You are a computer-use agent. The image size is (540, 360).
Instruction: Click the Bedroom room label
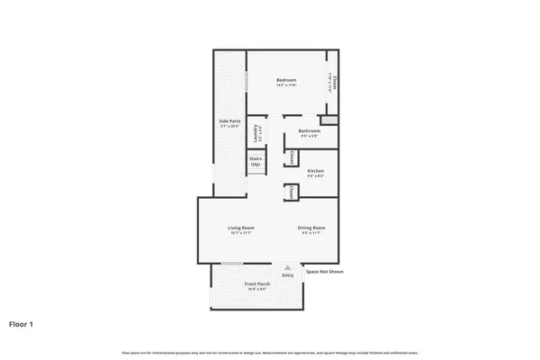(286, 79)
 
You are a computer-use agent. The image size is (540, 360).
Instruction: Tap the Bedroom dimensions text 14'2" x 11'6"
(286, 85)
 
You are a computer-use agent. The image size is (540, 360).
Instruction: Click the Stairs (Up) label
(256, 162)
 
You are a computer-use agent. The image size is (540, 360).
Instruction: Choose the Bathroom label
(310, 132)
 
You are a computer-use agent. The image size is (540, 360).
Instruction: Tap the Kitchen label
(315, 171)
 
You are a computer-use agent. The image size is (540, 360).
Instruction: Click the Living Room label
(240, 228)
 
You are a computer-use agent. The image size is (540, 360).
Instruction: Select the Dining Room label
(311, 228)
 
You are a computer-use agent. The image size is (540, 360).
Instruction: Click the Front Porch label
(256, 284)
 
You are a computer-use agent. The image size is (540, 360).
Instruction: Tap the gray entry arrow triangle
(287, 267)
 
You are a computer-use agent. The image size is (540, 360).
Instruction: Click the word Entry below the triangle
(287, 274)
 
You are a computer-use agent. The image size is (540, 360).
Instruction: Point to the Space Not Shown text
(324, 271)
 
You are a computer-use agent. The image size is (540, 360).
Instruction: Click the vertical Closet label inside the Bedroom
(335, 84)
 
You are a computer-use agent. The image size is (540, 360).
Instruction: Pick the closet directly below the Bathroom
(292, 157)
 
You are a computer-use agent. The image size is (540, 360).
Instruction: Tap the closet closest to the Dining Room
(292, 193)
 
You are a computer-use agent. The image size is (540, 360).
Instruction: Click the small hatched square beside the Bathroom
(329, 120)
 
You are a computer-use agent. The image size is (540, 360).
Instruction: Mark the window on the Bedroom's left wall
(247, 79)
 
